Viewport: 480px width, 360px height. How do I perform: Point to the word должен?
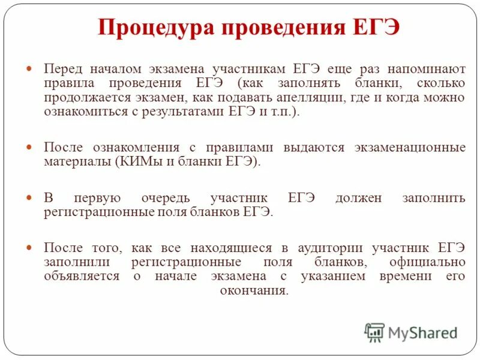click(358, 198)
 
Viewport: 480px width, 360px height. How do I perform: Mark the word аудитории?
click(322, 248)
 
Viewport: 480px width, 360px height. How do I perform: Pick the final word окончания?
click(254, 292)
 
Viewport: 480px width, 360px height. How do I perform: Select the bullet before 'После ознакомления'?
click(31, 147)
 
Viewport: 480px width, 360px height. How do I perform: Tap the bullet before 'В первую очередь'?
click(31, 198)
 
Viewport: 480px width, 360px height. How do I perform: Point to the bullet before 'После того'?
click(31, 248)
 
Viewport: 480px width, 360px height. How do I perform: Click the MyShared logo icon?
click(374, 332)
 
